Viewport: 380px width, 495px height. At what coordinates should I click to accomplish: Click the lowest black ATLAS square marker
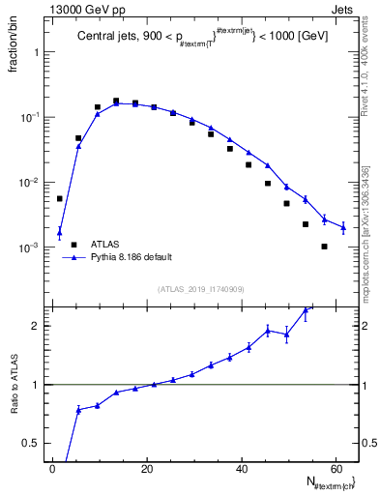[x=325, y=247]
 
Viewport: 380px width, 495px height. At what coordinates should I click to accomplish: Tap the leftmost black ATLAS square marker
[x=60, y=199]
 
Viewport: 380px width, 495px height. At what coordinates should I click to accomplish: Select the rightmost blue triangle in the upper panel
[x=343, y=227]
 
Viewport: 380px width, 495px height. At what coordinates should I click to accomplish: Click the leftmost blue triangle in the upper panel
[x=60, y=231]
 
